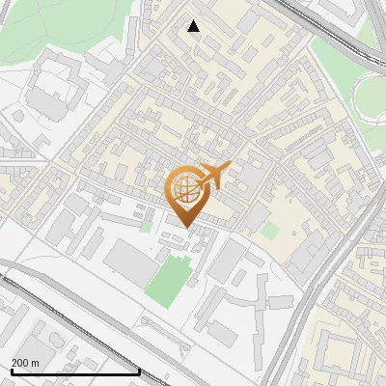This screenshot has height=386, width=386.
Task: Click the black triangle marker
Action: click(x=194, y=26)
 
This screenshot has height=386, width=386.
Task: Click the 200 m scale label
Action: click(x=25, y=362)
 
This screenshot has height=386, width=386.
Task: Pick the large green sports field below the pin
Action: click(x=169, y=279)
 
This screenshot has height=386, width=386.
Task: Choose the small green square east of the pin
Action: click(x=270, y=231)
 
